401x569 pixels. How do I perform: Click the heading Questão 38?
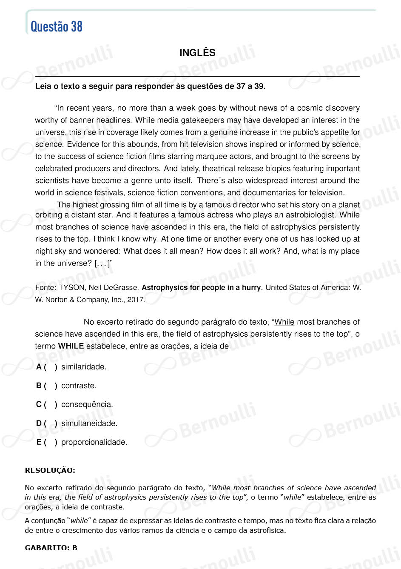[57, 26]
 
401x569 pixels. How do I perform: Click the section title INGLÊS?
[197, 53]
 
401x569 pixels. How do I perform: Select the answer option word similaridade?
[83, 367]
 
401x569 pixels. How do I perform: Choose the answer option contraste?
[79, 386]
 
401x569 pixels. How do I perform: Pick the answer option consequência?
[87, 404]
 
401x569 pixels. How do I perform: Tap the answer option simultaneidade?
[89, 423]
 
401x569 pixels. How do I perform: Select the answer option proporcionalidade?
[94, 442]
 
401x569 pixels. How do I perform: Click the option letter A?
[39, 367]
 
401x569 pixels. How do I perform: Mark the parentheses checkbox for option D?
[50, 423]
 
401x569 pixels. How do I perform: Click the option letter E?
[39, 442]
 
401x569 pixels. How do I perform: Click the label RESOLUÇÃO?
[50, 470]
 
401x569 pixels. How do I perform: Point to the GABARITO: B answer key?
[51, 548]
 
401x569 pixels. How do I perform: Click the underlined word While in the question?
[284, 322]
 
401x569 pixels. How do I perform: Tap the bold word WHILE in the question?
[71, 346]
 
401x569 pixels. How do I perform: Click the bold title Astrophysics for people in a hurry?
[201, 288]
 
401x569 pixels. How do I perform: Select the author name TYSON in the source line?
[72, 288]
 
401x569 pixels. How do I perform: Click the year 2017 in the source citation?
[135, 300]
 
